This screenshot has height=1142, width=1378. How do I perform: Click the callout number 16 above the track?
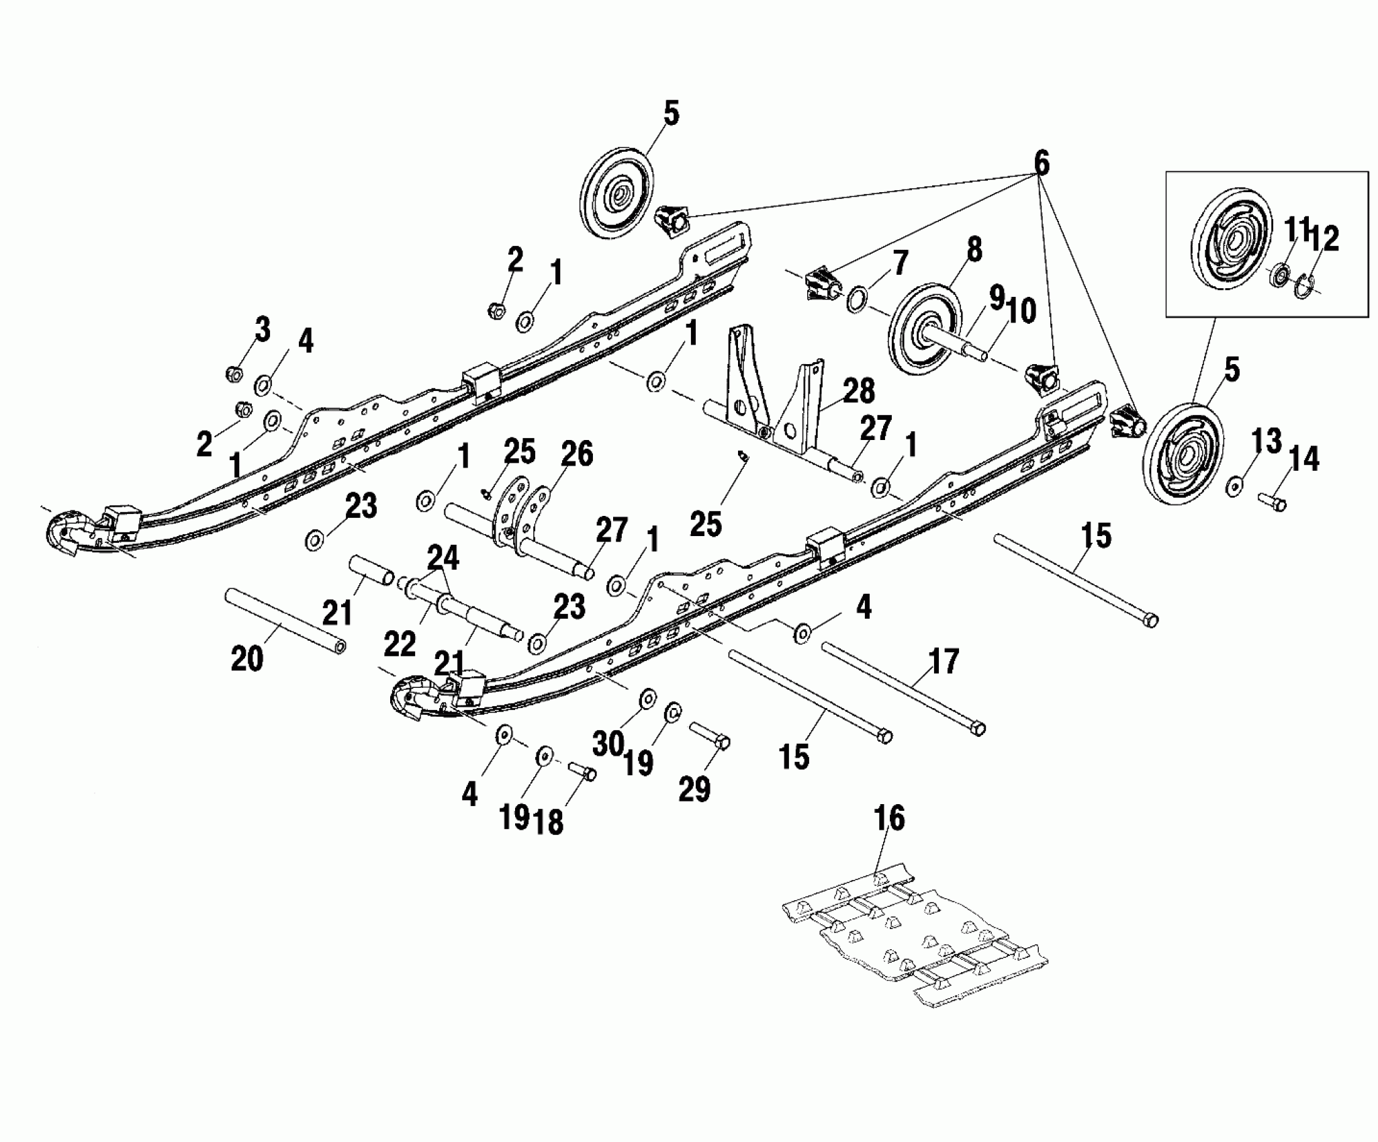pyautogui.click(x=888, y=818)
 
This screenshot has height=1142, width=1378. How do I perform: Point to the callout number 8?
pyautogui.click(x=973, y=249)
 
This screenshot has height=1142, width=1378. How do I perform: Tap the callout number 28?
pyautogui.click(x=859, y=392)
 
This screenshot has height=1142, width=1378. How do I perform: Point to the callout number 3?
pyautogui.click(x=261, y=330)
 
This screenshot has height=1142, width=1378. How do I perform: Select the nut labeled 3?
pyautogui.click(x=234, y=374)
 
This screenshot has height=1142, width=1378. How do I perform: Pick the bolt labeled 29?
pyautogui.click(x=710, y=734)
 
